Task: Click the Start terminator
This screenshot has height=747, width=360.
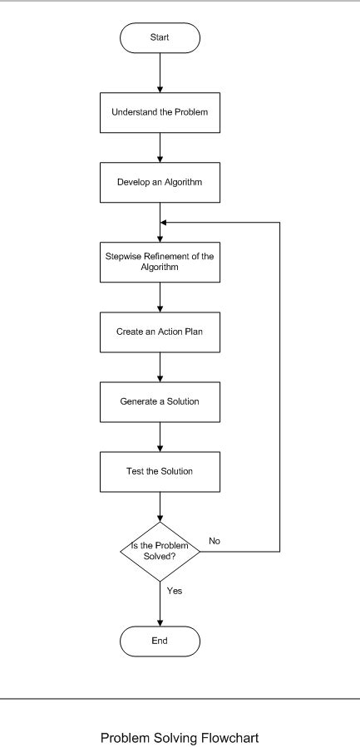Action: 160,37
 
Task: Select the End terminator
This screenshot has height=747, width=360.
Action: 160,641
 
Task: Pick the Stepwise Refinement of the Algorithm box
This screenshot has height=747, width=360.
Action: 160,262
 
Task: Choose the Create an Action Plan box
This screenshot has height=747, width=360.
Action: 160,332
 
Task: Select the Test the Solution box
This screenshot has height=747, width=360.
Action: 160,472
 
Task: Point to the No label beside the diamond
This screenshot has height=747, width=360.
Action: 215,541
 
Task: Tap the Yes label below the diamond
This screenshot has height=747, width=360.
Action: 175,591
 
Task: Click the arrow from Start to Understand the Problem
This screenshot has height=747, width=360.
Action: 160,72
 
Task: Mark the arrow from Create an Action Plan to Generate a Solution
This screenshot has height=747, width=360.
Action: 160,366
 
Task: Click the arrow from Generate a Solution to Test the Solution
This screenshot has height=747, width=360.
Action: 160,437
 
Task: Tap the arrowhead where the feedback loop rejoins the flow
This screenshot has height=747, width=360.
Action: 165,223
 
